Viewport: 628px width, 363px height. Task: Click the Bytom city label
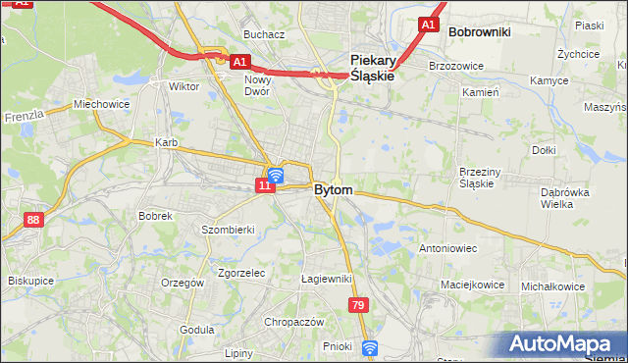tap(334, 189)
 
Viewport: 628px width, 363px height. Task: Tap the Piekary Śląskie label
tap(373, 66)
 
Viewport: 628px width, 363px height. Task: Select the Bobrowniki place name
tap(479, 31)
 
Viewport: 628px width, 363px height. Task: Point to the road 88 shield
tap(34, 220)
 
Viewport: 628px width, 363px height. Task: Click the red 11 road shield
tap(265, 184)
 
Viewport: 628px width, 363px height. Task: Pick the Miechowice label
tap(102, 104)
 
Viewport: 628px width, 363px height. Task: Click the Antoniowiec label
tap(447, 248)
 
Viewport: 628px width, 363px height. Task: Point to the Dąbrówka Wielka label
tap(565, 199)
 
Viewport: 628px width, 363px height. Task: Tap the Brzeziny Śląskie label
tap(483, 178)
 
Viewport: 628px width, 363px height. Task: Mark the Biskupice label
tap(31, 280)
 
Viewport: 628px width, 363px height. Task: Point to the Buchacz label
tap(265, 34)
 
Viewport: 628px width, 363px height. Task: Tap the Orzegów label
tap(183, 283)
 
